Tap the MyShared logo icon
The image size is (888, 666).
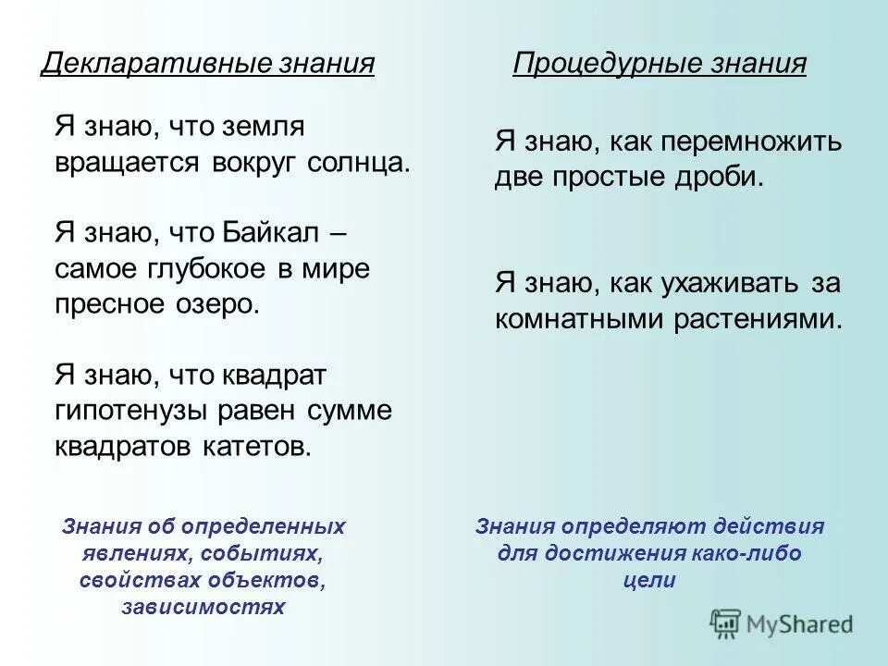725,623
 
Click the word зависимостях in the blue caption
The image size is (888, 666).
203,607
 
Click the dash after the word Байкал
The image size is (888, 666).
339,231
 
